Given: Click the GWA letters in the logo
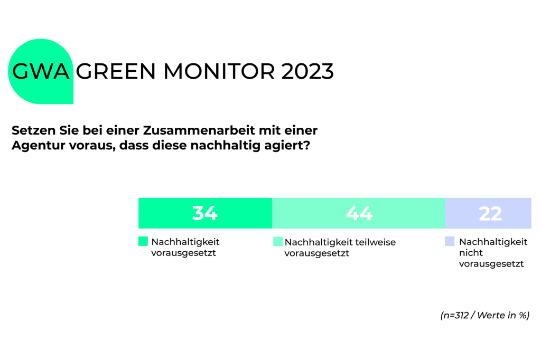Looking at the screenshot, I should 41,71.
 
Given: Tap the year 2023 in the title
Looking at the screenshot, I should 307,71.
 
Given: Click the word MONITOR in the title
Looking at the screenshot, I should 218,71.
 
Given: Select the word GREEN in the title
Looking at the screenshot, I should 117,71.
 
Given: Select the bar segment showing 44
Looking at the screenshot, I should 317,213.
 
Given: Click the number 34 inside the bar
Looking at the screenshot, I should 205,213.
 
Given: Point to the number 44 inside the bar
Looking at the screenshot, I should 359,213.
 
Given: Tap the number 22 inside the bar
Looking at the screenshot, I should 490,213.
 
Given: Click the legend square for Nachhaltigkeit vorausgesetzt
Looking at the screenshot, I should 143,241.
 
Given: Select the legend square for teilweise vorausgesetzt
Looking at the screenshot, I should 278,242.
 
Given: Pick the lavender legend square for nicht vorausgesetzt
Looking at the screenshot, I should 450,241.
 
